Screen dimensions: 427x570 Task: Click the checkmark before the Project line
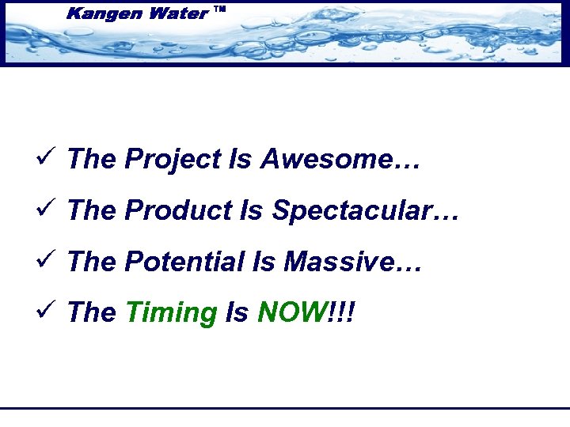(44, 158)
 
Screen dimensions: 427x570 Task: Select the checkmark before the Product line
(44, 210)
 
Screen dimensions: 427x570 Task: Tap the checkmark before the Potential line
(44, 261)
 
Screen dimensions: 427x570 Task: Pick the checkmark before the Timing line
(44, 312)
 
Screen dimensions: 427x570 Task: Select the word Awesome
(325, 159)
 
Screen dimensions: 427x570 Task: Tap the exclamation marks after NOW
(341, 313)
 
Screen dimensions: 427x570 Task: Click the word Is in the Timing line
(237, 313)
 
